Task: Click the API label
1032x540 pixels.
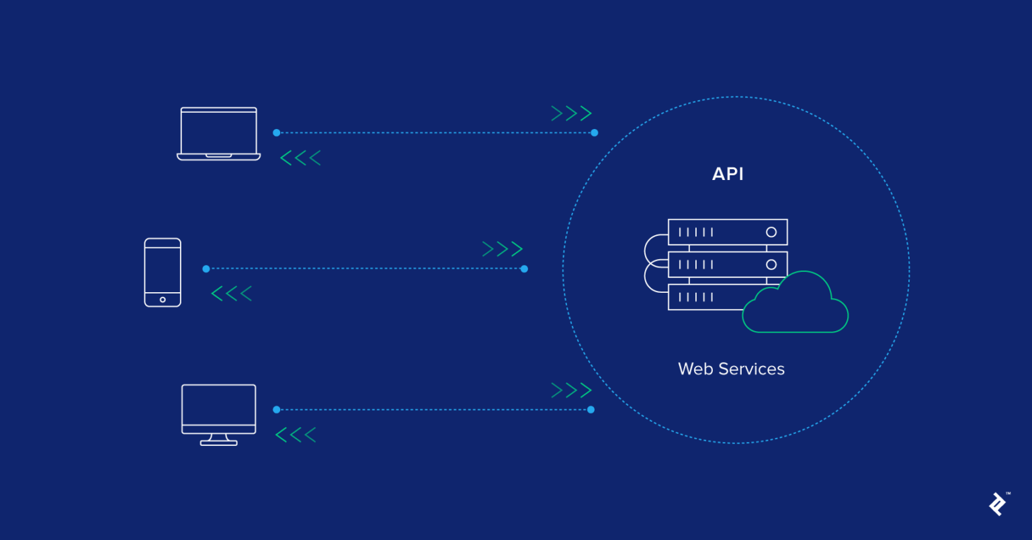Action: [x=728, y=174]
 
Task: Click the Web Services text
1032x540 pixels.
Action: [x=731, y=369]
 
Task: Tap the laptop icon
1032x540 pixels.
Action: [x=218, y=133]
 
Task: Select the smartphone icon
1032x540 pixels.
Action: [x=163, y=272]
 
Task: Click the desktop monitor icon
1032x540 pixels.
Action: [x=218, y=410]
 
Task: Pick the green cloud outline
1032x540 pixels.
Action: [x=796, y=306]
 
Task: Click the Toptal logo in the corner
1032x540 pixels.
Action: [x=998, y=504]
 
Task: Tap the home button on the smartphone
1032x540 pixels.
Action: [x=163, y=300]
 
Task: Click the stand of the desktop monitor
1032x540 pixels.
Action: [x=218, y=440]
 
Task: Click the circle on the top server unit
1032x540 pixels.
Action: [x=771, y=232]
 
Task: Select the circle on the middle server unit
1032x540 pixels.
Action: [x=771, y=265]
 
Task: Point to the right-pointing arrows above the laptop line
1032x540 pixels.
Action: [x=571, y=114]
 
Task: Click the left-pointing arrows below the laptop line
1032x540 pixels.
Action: [x=300, y=158]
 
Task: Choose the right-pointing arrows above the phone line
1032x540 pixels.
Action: [x=503, y=249]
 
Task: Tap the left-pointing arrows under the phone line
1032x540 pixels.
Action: [x=232, y=294]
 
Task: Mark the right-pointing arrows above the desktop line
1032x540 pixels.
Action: [x=571, y=390]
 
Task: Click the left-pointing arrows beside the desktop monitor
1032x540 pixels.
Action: [x=296, y=435]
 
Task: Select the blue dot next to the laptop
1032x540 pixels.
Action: [x=276, y=133]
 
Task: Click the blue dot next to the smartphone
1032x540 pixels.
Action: [x=206, y=269]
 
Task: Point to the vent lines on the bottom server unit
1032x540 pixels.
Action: [x=696, y=297]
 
